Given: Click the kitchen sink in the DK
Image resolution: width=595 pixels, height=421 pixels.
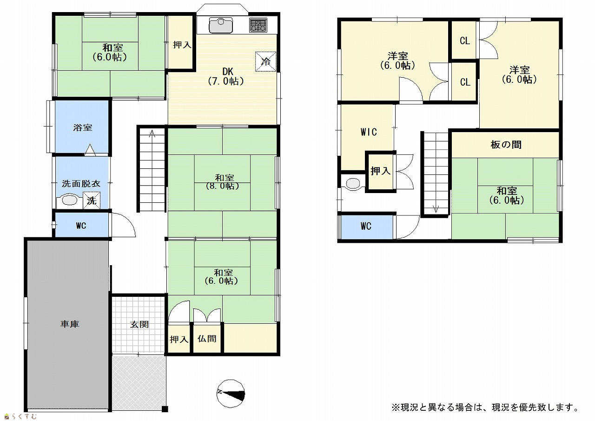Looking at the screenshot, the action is point(221,25).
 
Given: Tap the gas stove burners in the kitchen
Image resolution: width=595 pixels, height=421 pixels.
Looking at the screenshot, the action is point(258,25).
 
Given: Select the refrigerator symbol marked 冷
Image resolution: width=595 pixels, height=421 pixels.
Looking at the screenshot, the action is point(265,61).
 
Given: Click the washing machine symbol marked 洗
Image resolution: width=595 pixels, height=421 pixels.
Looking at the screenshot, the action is point(92,200).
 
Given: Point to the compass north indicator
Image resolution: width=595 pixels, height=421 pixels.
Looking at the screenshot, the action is point(231,394).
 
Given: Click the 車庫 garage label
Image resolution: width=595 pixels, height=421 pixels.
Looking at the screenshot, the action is point(70,324).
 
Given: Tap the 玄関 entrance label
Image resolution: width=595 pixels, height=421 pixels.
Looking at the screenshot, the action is point(139,324).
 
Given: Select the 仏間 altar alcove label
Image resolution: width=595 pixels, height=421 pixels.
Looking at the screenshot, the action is point(207,339).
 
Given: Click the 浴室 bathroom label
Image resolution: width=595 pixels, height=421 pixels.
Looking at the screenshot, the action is point(83,127).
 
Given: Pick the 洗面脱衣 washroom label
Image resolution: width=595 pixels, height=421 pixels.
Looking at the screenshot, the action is point(81,184).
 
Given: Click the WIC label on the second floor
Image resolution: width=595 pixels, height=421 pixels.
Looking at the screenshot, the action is point(369,132).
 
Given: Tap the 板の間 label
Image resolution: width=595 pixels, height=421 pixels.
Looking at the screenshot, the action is point(506,145).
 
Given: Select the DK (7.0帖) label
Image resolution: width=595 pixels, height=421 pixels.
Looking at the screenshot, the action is point(226,76).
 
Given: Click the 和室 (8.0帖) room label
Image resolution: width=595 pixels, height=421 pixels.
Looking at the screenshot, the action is point(223,181).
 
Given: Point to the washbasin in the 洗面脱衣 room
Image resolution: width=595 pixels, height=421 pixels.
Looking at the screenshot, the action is point(69,200).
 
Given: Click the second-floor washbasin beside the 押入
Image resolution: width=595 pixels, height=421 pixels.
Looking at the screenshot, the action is point(353,183).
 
